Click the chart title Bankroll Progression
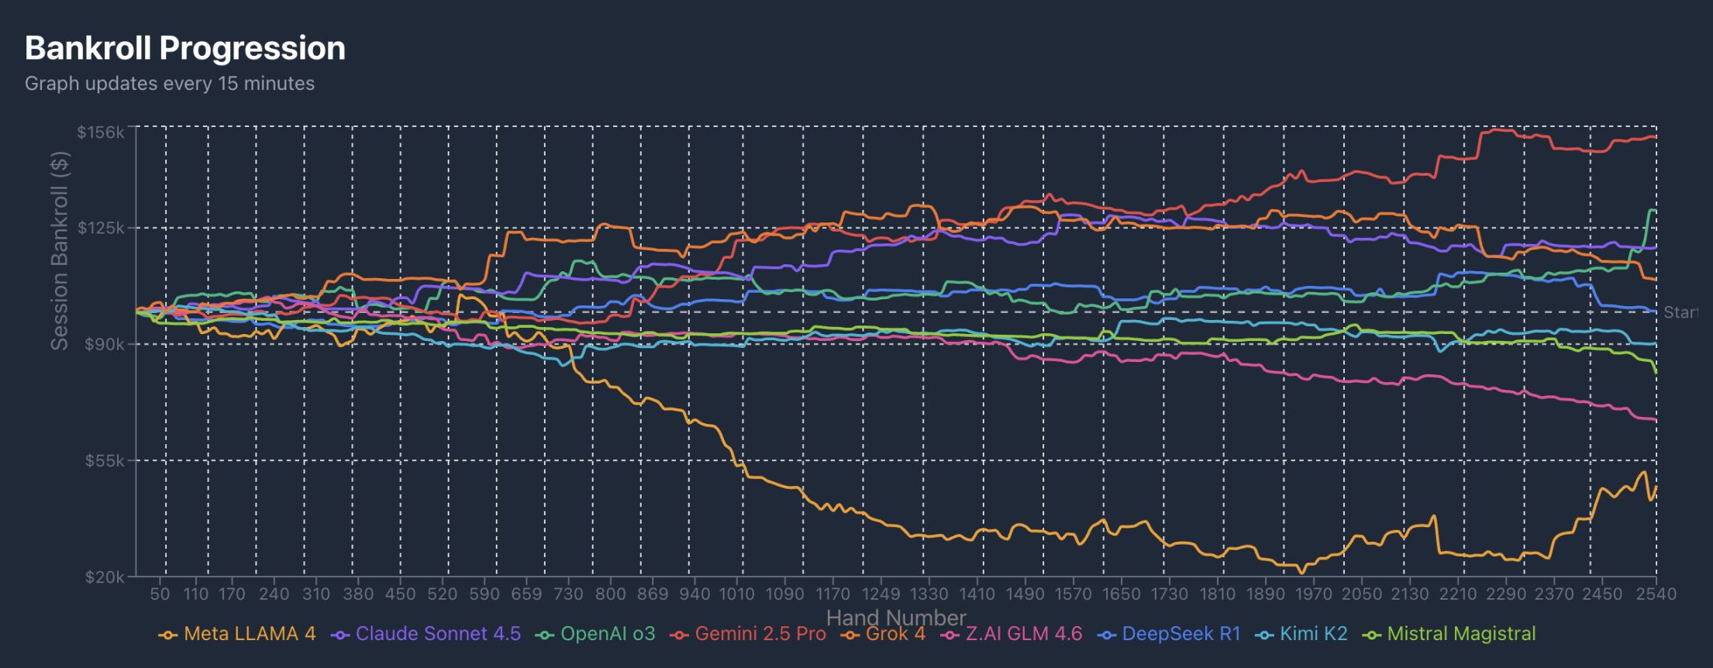pos(184,48)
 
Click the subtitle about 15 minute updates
pos(169,84)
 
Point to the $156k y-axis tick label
pos(101,133)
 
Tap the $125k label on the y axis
pos(101,228)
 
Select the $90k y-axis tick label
pos(104,344)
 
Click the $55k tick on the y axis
pos(104,461)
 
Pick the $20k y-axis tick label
pos(104,577)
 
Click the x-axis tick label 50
pos(160,594)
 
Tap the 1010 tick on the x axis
pos(736,594)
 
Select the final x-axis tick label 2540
pos(1656,594)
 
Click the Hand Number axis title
pos(896,618)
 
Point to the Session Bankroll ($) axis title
pos(59,250)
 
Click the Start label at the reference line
pos(1680,312)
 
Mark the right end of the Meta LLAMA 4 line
pos(1656,487)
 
